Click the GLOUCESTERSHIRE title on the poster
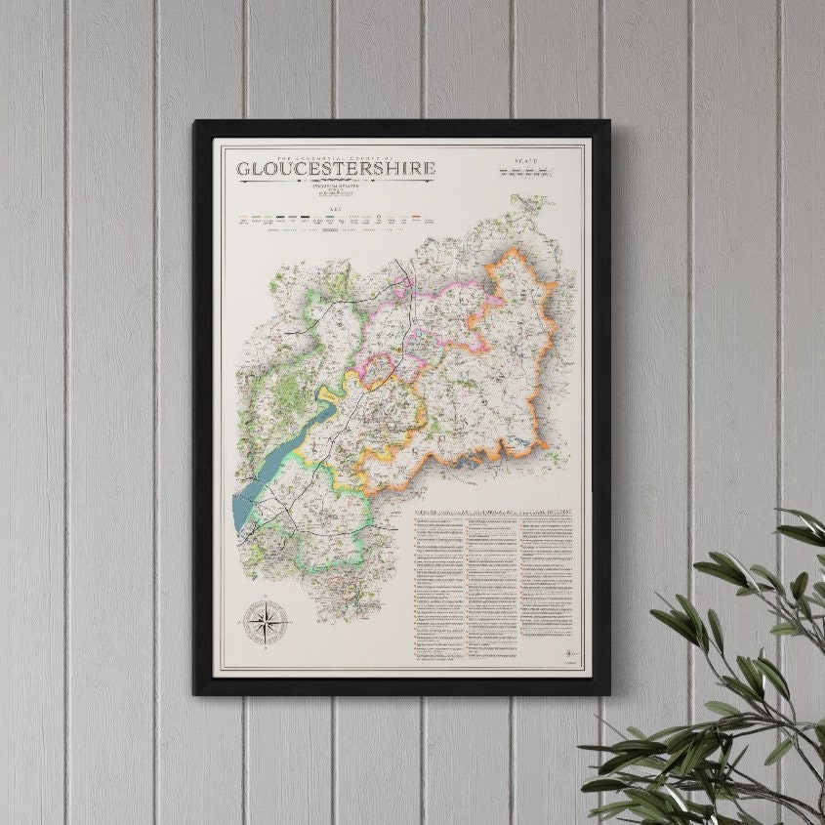point(336,168)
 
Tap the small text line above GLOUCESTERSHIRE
point(336,156)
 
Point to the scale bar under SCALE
point(526,172)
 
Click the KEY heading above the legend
point(336,210)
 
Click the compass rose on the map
point(262,622)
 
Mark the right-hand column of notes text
point(549,576)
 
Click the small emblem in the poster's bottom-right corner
point(570,653)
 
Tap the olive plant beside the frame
point(722,683)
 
